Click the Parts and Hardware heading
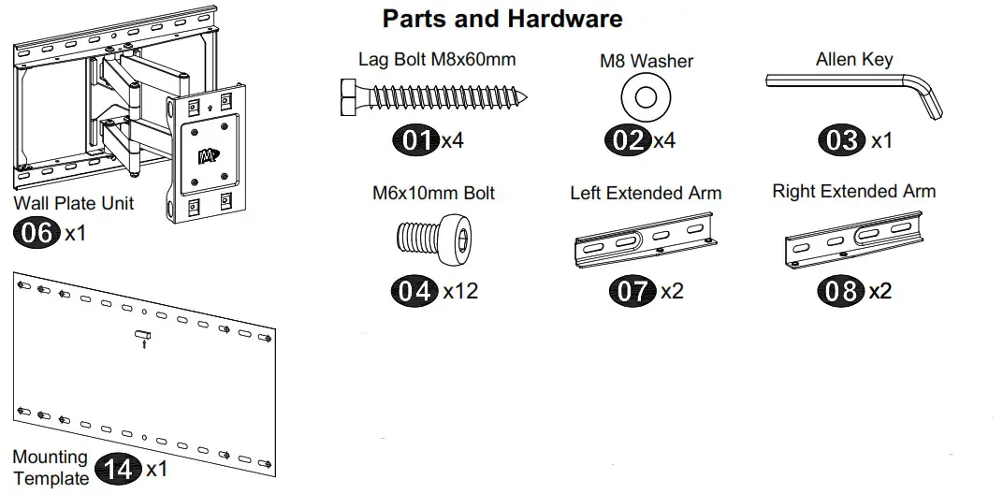click(502, 18)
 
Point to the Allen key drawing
click(855, 90)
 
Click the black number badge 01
click(414, 141)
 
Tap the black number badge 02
click(627, 141)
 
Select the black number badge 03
click(841, 141)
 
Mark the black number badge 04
click(414, 291)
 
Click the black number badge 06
click(37, 233)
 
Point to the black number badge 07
click(632, 291)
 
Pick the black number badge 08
click(841, 291)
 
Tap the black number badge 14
click(119, 469)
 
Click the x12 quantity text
click(460, 291)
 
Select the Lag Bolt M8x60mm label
click(437, 60)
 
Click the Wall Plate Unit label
click(74, 203)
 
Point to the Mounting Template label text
click(50, 468)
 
